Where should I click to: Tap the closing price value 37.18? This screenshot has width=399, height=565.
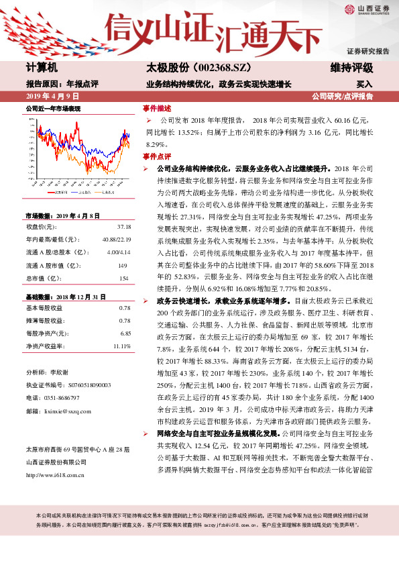pos(123,227)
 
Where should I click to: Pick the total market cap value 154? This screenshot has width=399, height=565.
pos(123,278)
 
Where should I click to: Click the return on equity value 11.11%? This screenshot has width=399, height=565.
pos(121,346)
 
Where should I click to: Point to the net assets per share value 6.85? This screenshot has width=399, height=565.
pos(125,333)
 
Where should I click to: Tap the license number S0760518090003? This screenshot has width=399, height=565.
pos(67,384)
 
